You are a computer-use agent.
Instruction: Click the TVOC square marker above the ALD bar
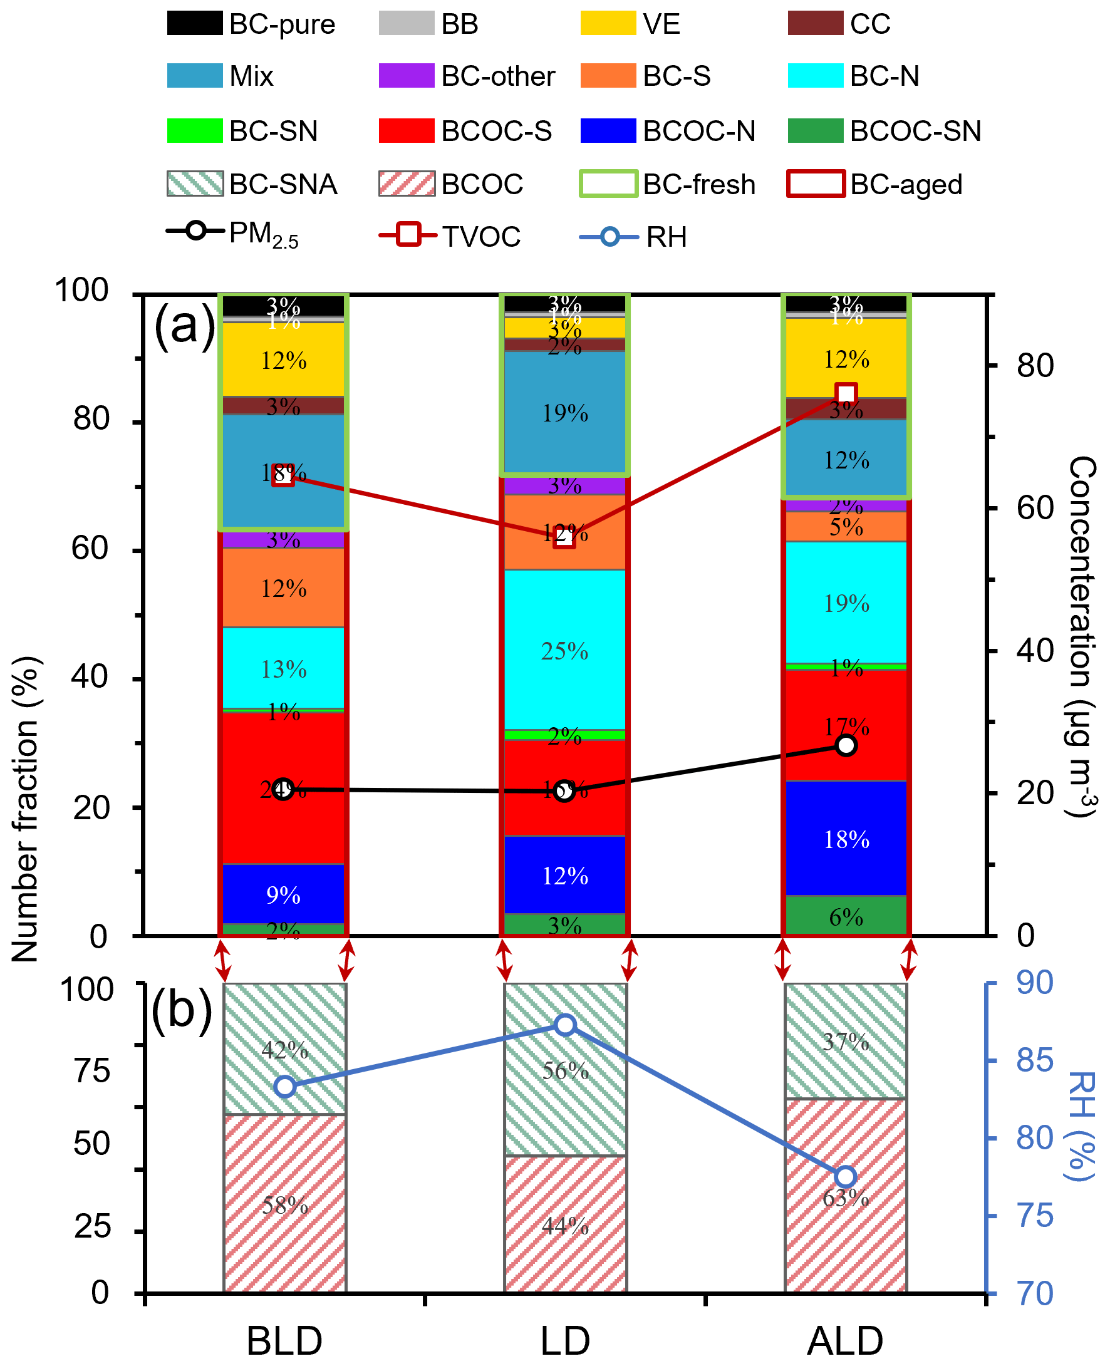[846, 394]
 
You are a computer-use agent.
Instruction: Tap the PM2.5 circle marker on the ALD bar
[846, 745]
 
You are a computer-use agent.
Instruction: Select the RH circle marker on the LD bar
[564, 1025]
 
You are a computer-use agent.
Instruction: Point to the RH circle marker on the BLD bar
[284, 1087]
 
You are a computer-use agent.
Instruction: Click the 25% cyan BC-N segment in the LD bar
[564, 650]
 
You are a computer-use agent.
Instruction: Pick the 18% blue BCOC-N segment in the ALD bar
[846, 838]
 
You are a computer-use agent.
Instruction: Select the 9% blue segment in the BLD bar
[283, 894]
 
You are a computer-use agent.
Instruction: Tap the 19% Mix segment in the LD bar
[564, 413]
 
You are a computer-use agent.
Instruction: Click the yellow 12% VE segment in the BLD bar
[283, 361]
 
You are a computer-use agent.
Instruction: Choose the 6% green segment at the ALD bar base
[846, 916]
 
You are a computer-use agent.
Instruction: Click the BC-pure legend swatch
[195, 24]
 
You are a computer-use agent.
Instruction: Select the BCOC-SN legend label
[915, 131]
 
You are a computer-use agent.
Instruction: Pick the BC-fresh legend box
[608, 184]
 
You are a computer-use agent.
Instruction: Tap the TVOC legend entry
[450, 236]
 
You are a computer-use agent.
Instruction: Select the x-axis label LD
[564, 1340]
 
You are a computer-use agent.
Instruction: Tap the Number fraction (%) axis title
[26, 809]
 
